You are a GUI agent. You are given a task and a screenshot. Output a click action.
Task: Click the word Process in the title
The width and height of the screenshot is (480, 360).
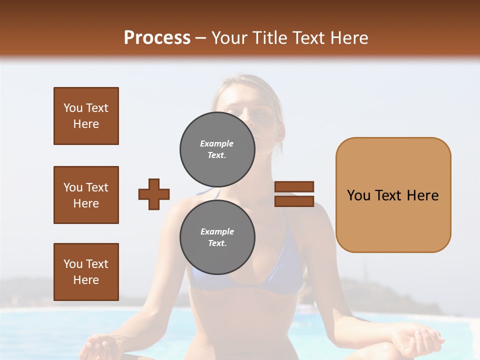coord(157,38)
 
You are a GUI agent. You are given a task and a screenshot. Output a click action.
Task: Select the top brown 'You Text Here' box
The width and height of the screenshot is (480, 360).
coord(86,116)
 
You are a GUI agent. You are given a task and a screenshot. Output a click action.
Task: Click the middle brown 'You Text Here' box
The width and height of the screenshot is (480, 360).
coord(86,195)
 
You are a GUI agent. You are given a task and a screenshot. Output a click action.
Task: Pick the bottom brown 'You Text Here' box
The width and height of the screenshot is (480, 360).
coord(86,271)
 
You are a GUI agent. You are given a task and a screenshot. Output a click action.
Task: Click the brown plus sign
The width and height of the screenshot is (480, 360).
coord(153,194)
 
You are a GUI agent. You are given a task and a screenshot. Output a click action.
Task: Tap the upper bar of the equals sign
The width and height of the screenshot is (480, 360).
coord(294,187)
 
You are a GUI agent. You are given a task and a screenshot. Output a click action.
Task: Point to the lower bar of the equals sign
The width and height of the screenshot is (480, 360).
coord(294,201)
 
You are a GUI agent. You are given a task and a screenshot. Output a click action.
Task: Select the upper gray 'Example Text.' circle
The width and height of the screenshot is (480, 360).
coord(217,149)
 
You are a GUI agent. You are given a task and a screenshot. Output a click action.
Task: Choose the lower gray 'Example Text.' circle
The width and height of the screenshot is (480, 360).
coord(217,237)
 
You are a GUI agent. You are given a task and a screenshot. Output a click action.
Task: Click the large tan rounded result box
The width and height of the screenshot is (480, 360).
coord(393,195)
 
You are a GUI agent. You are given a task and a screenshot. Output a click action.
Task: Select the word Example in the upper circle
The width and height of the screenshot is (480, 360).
coord(216,143)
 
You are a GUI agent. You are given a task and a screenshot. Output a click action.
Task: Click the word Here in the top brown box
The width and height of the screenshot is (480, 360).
coord(86,124)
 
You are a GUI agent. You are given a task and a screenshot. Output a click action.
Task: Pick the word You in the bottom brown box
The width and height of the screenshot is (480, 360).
coord(72,263)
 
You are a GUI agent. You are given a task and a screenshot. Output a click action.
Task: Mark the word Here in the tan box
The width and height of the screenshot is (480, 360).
coord(422,195)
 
